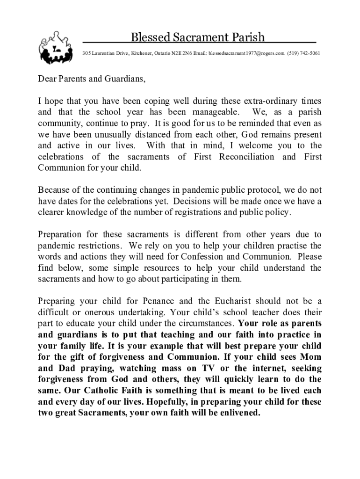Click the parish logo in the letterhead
coord(56,49)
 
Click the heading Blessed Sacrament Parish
coord(197,37)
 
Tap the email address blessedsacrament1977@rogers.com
coord(246,54)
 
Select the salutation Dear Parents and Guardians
coord(92,79)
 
